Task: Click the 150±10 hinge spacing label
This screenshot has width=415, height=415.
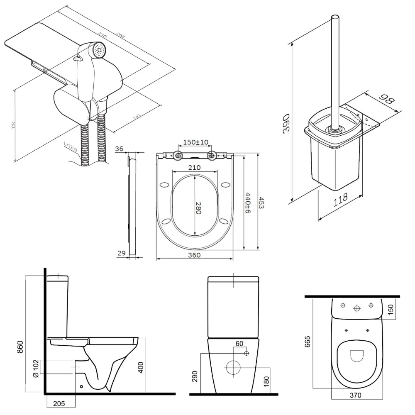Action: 196,142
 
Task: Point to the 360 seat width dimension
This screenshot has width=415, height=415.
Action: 194,255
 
